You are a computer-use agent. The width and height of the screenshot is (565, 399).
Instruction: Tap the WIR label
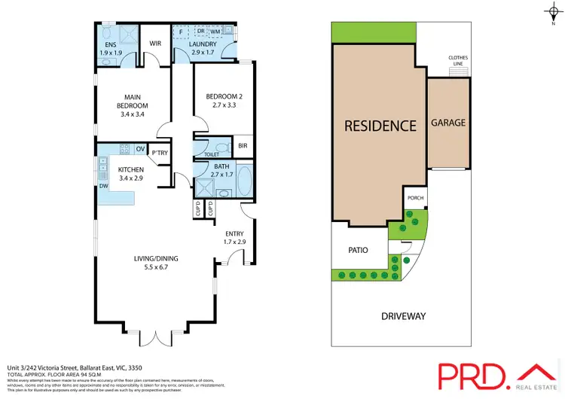point(155,44)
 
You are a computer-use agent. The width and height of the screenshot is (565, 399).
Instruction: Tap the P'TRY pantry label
point(159,154)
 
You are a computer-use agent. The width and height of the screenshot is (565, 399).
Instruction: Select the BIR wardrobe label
point(243,146)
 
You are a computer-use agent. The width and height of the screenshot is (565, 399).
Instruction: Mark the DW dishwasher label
point(102,185)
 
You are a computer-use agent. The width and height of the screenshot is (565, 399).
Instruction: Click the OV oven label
point(140,148)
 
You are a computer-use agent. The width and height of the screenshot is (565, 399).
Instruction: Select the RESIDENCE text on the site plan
point(380,126)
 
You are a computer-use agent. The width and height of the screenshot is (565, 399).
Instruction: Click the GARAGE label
point(448,123)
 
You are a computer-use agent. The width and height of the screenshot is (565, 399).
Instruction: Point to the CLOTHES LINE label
point(458,60)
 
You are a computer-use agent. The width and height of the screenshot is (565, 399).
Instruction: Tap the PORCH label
point(415,199)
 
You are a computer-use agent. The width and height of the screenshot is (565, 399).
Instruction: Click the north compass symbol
point(552,11)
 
